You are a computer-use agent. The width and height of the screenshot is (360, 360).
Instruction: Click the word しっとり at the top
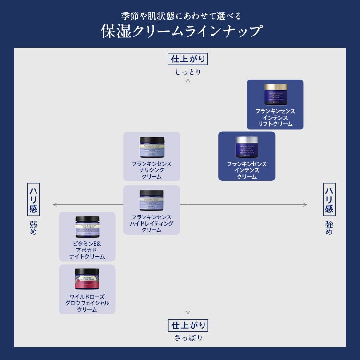pos(188,72)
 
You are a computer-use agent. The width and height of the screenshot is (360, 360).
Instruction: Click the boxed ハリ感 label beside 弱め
pos(33,200)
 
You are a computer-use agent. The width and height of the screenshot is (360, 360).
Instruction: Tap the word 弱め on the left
pos(33,228)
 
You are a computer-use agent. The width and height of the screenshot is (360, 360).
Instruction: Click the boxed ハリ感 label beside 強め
pos(329,200)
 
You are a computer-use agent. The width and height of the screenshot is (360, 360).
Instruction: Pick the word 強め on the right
pos(329,228)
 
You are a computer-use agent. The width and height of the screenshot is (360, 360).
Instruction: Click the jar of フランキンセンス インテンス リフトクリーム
pos(275,94)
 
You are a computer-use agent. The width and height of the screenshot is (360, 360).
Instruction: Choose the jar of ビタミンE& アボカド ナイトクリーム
pos(87,227)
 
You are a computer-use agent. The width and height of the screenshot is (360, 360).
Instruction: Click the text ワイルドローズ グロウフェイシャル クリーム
pos(87,303)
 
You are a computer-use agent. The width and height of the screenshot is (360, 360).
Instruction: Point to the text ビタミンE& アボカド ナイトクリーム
pos(87,250)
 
